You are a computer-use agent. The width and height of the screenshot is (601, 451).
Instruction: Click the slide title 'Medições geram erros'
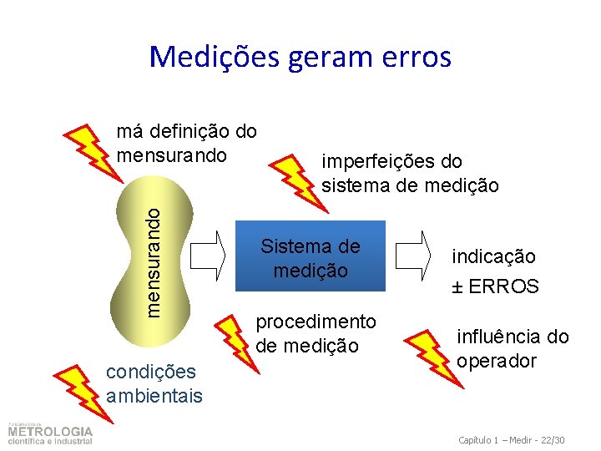(300, 57)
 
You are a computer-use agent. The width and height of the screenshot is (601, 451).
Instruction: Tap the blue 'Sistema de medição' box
(311, 256)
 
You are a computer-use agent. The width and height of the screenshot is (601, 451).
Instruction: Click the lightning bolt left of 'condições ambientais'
(76, 381)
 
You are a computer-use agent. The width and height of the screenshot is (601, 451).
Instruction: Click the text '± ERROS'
(495, 286)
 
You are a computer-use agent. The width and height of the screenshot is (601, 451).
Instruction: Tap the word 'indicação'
(494, 256)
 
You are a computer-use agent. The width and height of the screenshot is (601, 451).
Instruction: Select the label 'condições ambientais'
(154, 383)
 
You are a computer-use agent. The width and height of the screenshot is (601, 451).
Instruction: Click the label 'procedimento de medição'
(316, 333)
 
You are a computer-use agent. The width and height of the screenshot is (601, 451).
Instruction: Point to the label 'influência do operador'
(512, 349)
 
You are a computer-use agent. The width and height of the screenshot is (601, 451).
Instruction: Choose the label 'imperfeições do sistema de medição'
(410, 173)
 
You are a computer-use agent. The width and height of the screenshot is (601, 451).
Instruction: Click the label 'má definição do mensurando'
(187, 143)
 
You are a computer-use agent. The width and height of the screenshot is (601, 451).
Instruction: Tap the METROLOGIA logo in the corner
(50, 433)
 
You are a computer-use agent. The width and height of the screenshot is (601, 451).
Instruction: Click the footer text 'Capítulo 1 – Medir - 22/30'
(513, 439)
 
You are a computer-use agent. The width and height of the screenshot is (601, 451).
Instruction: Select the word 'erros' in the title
(414, 57)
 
